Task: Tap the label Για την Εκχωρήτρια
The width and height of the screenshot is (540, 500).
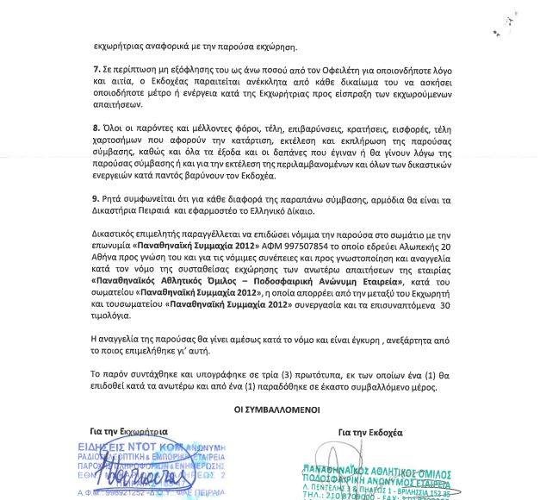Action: [126, 428]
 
